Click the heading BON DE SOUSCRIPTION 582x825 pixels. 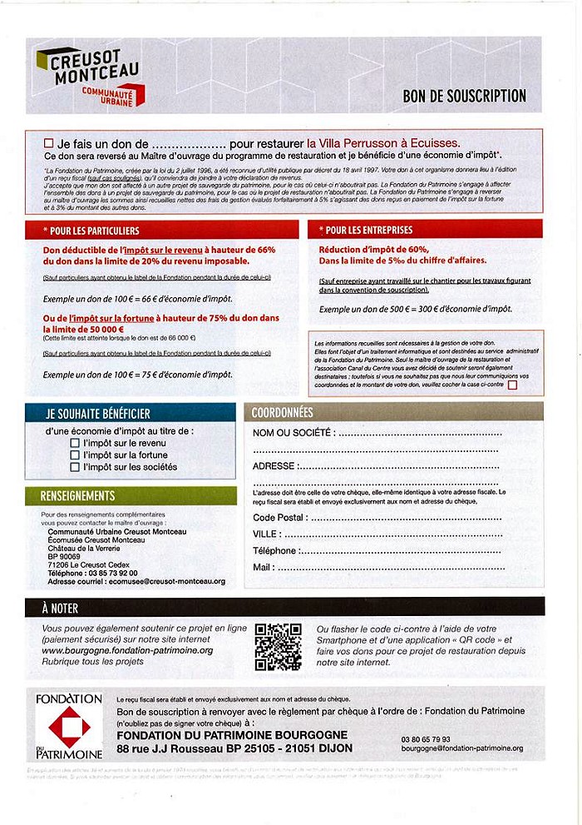tap(464, 97)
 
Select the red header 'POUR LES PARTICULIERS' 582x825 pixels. tap(92, 230)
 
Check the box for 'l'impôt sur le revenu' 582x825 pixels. tap(75, 444)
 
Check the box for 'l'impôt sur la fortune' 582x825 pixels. tap(75, 455)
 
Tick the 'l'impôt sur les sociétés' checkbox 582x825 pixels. tap(75, 467)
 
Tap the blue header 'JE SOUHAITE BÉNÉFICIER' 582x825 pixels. tap(98, 413)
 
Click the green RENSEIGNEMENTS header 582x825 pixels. tap(78, 496)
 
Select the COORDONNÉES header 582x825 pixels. tap(283, 412)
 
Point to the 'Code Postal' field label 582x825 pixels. tap(278, 517)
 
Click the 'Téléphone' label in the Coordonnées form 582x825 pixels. tap(274, 550)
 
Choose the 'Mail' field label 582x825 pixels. tap(263, 567)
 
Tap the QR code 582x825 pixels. tap(278, 647)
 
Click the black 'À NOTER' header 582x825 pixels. tap(60, 608)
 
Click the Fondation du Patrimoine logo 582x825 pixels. tap(69, 725)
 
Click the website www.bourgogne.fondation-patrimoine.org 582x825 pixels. tap(127, 650)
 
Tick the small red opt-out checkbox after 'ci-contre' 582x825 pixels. tap(512, 385)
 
